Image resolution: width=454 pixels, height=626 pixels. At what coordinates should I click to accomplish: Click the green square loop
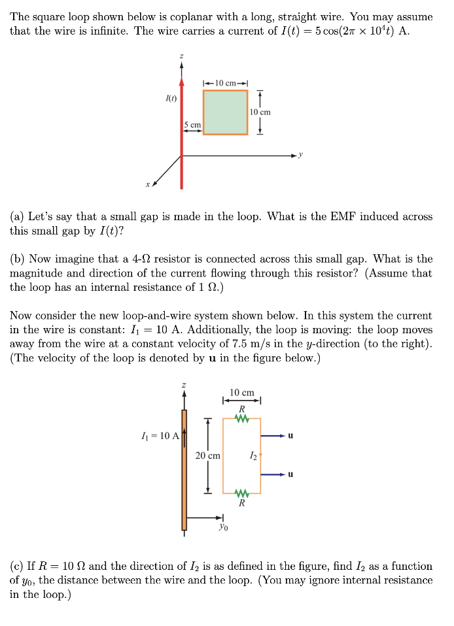(225, 112)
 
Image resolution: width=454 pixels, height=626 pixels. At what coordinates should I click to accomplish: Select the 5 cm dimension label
(192, 124)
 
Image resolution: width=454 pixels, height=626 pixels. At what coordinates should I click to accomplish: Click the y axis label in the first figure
(302, 155)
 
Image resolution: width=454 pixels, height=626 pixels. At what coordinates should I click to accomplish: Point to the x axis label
(148, 185)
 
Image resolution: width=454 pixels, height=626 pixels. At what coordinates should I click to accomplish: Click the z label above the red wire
(181, 57)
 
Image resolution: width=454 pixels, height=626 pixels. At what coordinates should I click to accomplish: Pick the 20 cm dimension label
(208, 455)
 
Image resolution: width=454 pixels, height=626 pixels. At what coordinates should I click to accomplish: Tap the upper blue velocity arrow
(273, 435)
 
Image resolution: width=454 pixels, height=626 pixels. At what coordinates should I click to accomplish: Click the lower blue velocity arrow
(273, 474)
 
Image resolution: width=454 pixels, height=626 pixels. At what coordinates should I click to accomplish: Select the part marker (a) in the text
(17, 217)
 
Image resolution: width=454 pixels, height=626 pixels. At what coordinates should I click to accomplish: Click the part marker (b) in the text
(17, 259)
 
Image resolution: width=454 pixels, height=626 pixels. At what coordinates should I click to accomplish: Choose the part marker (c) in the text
(17, 566)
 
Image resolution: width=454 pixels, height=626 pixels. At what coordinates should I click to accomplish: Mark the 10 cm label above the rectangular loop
(242, 392)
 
